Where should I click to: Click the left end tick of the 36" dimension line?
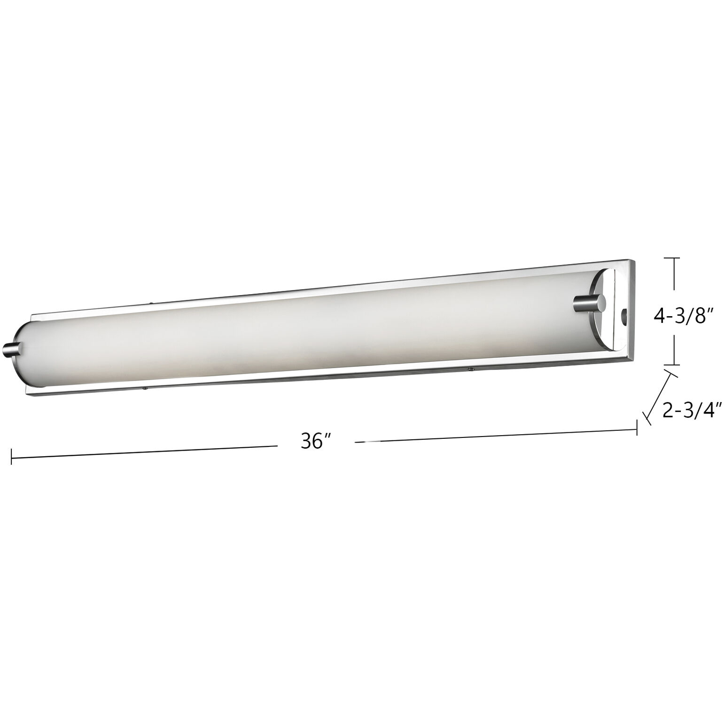11,456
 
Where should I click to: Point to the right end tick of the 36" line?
637,428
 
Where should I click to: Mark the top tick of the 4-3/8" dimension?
674,258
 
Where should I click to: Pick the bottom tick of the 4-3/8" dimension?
674,365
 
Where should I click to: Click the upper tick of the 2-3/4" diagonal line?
671,373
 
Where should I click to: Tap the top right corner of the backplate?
634,259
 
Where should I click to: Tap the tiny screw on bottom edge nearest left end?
146,390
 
